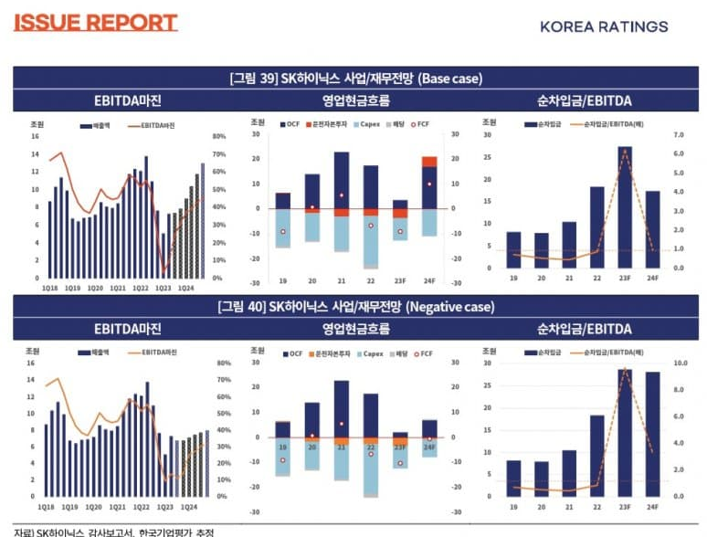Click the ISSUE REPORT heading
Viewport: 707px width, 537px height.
95,23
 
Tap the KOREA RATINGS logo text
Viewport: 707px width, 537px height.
604,26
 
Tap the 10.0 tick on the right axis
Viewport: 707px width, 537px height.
680,363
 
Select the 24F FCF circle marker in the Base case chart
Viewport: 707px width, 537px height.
427,184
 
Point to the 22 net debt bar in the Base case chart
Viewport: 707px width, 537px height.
596,227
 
